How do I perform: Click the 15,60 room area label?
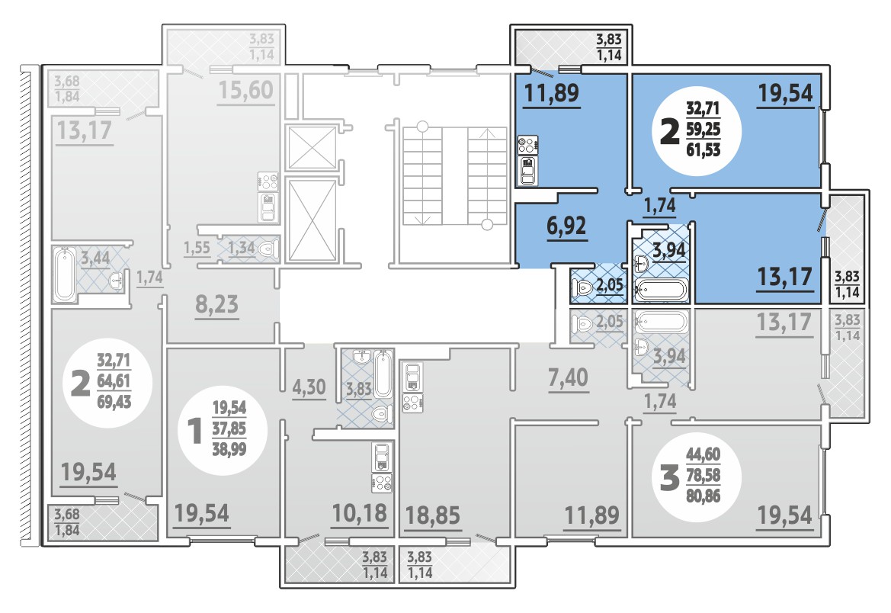[x=245, y=90]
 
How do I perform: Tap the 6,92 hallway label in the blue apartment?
[x=566, y=226]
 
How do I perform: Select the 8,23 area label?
[x=217, y=304]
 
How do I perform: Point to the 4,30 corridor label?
[x=309, y=387]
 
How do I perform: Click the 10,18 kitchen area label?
[x=359, y=513]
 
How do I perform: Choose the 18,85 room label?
[x=433, y=515]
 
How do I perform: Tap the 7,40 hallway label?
[x=568, y=377]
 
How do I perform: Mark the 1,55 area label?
[x=197, y=248]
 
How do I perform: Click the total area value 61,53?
[x=703, y=150]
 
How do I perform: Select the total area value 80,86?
[x=703, y=496]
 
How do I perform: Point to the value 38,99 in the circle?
[x=229, y=449]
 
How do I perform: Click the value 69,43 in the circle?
[x=114, y=402]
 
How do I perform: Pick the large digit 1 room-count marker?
[x=195, y=431]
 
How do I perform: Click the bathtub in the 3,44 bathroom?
[x=64, y=274]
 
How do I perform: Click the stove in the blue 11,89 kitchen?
[x=527, y=145]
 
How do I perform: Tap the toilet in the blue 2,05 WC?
[x=583, y=287]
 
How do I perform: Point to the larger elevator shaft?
[x=312, y=220]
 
